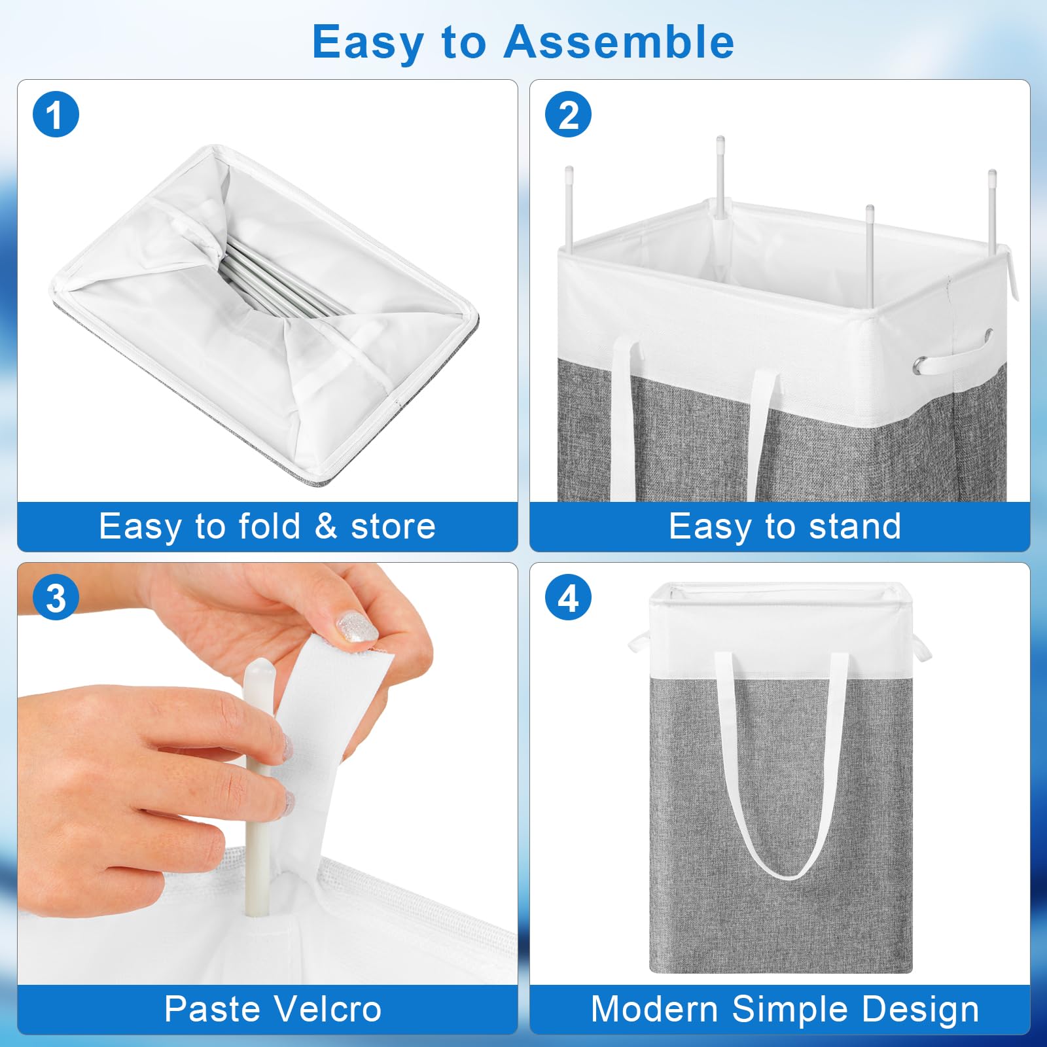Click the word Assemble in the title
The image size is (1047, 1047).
tap(618, 42)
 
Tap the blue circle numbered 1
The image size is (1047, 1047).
tap(56, 115)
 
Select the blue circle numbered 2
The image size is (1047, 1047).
tap(568, 115)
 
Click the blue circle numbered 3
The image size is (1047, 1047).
tap(56, 597)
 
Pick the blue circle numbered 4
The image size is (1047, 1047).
tap(568, 597)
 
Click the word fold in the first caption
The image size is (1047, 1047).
tap(269, 526)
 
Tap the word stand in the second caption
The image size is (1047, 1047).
tap(855, 526)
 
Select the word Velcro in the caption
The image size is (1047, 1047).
tap(327, 1008)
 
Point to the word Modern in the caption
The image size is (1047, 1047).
tap(654, 1008)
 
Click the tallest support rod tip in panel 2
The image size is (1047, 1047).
tap(720, 140)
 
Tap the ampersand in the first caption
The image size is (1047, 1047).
tap(326, 526)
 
